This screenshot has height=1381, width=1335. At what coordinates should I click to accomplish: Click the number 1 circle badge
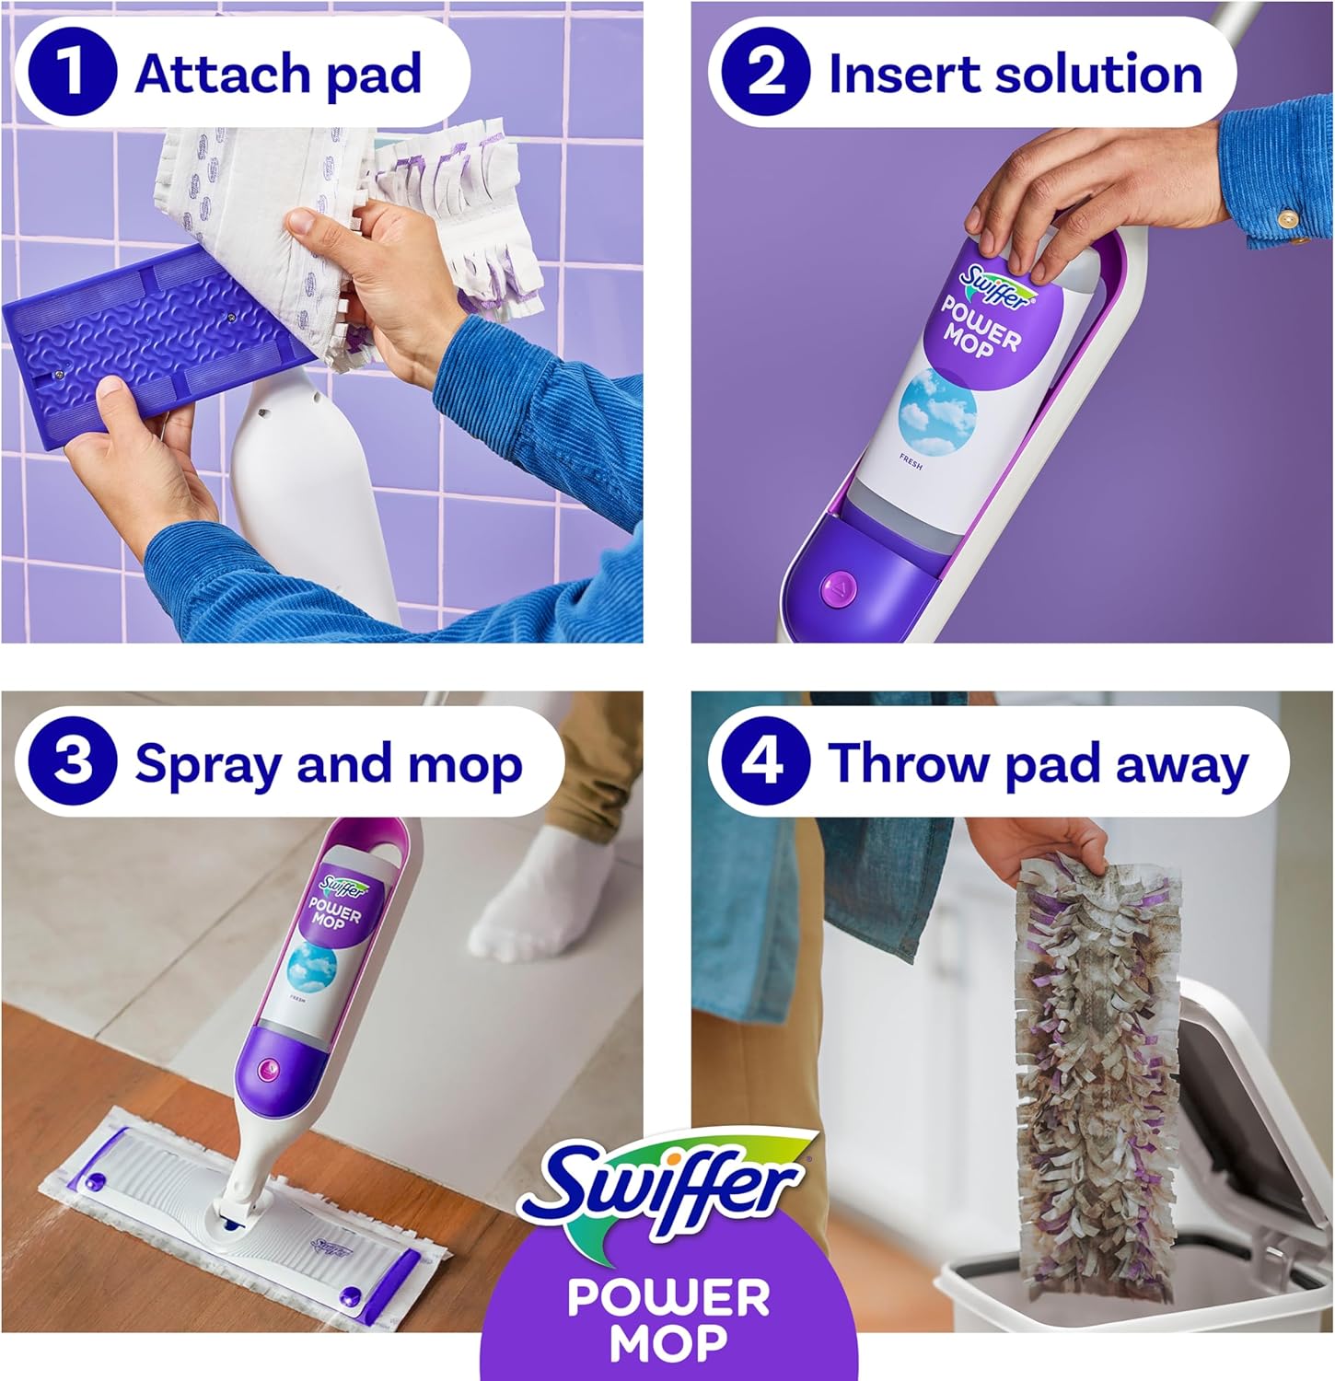click(72, 73)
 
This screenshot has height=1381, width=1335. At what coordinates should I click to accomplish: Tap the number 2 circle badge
click(764, 73)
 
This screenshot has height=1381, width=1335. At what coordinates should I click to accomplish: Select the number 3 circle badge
click(72, 762)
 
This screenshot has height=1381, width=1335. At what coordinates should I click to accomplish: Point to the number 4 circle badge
click(764, 762)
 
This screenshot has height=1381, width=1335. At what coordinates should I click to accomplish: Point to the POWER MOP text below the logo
click(668, 1318)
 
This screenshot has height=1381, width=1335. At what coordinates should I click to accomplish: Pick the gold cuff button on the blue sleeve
click(1289, 220)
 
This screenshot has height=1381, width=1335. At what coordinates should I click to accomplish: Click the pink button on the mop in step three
click(269, 1068)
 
